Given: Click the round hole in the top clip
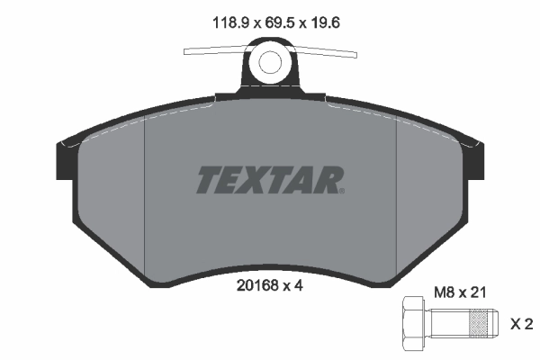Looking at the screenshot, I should tap(271, 62).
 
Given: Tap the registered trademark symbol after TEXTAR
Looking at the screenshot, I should tap(340, 190).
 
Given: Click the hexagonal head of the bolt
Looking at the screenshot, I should tap(412, 323).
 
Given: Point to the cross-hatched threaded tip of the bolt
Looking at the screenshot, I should tap(482, 323).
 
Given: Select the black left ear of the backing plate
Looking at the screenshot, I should tap(67, 159).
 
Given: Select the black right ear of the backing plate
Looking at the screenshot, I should tap(474, 159).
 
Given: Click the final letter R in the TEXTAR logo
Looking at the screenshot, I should tap(325, 180).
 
